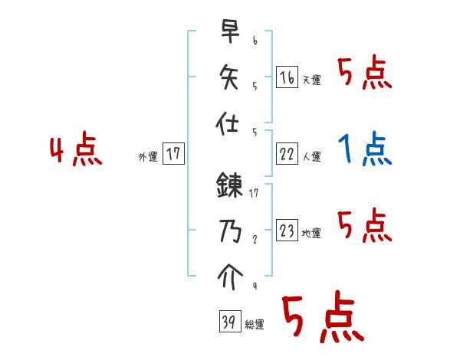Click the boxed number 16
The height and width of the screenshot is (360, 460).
tap(286, 77)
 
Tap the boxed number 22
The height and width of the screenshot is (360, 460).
tap(286, 154)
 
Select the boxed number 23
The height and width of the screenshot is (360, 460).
tap(286, 231)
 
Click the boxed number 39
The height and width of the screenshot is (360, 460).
tap(228, 322)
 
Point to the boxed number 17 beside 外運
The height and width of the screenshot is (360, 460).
tap(173, 154)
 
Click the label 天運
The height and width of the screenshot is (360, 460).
tap(311, 80)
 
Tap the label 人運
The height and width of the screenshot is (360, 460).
tap(311, 157)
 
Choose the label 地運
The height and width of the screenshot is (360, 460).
tap(311, 234)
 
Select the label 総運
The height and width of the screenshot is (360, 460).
tap(254, 326)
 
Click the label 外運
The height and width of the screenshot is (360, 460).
tap(148, 157)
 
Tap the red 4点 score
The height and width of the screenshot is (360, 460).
tap(76, 150)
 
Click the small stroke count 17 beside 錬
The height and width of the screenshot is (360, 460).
tap(253, 194)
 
